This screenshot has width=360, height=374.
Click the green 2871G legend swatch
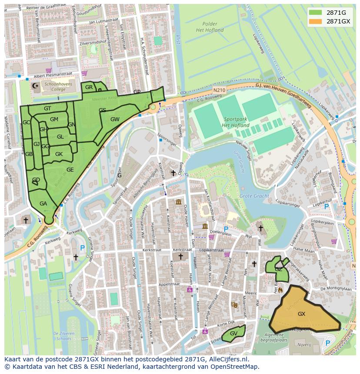[316, 12]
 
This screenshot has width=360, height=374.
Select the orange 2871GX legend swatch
[316, 21]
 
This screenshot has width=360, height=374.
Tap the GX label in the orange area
[301, 314]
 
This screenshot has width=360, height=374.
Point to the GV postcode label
[233, 333]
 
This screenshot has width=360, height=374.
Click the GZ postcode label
[278, 269]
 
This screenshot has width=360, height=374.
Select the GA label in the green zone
[43, 203]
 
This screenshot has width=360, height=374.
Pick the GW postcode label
[115, 119]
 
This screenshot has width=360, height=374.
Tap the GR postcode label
[89, 87]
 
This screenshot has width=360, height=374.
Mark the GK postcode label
[59, 154]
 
